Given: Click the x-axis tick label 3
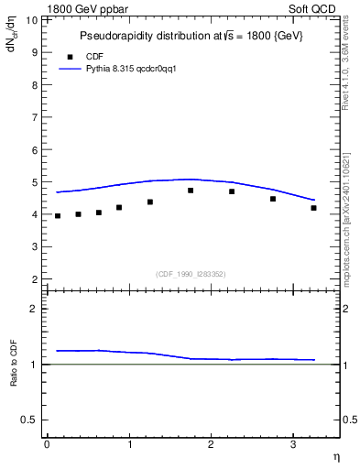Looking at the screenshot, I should click(292, 444).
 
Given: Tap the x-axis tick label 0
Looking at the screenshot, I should click(47, 444).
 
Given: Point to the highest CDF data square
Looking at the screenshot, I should click(191, 191).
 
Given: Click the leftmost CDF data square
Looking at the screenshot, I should click(58, 216).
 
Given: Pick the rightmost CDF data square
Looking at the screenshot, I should click(313, 208).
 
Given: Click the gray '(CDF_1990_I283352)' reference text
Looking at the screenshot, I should click(191, 274).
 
